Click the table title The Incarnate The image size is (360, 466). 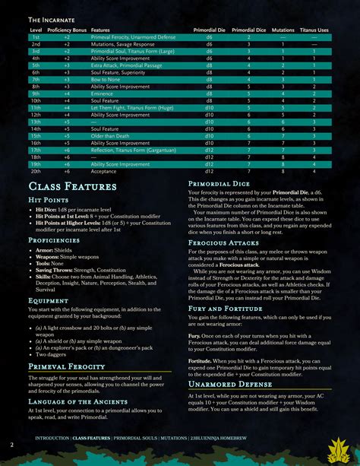coord(54,19)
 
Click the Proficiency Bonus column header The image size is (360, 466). coord(68,30)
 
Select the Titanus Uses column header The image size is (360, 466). coord(312,30)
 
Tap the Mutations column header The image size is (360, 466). coord(282,30)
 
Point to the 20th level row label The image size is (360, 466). coord(36,171)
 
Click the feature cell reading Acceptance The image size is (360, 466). coord(104,171)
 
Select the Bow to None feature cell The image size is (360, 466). coord(107,79)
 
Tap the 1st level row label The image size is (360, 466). coord(35,36)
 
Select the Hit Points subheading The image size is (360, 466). coord(50,200)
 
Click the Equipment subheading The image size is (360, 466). coord(50,300)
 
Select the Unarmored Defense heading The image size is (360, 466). coord(231,384)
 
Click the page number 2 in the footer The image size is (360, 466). coord(11,444)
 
